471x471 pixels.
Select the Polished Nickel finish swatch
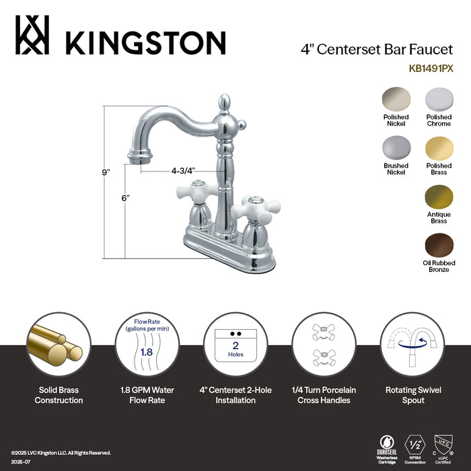[x=396, y=100]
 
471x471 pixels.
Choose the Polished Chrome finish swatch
[x=439, y=100]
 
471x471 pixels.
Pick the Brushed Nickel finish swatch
[x=396, y=149]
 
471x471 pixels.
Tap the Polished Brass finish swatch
[x=439, y=149]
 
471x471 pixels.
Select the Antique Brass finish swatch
[x=439, y=198]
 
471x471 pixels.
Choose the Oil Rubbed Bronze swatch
[x=439, y=246]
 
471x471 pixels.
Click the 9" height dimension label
[x=106, y=172]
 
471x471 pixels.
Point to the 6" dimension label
[x=125, y=198]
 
